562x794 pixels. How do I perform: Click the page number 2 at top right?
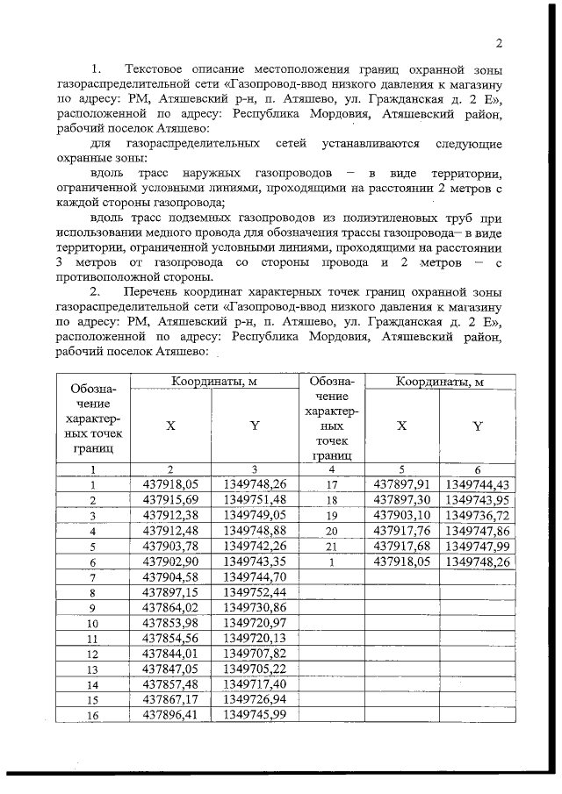click(498, 43)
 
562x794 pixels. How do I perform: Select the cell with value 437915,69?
click(171, 499)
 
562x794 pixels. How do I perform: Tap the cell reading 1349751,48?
click(256, 499)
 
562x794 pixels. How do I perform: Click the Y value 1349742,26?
click(256, 547)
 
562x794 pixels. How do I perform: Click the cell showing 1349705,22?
click(256, 668)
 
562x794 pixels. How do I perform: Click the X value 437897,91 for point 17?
click(400, 483)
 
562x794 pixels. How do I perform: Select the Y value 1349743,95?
click(477, 499)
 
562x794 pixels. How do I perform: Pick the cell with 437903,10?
click(400, 515)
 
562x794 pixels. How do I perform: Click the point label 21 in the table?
click(332, 547)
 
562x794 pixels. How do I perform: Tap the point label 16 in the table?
click(92, 715)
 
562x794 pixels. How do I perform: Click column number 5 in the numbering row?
click(400, 469)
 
